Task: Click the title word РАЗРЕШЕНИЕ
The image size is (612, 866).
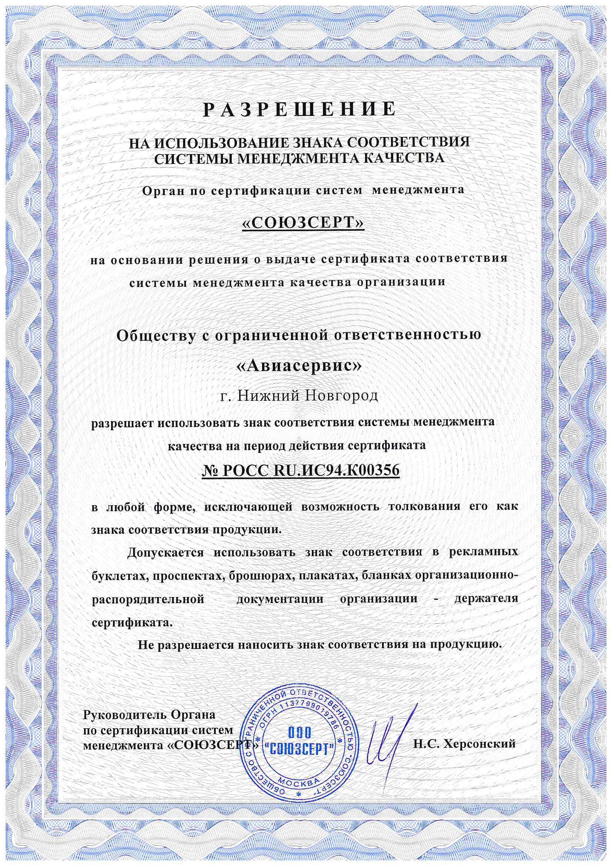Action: point(300,109)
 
